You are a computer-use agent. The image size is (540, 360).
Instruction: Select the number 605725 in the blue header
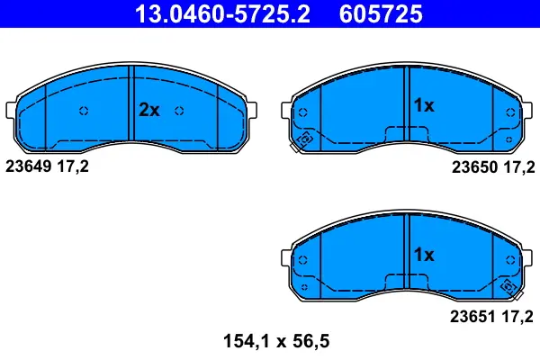(381, 14)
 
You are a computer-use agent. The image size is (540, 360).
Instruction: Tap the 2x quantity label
(148, 111)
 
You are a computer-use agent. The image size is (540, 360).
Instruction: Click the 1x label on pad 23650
(423, 105)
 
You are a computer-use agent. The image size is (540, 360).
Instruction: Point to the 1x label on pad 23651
(423, 255)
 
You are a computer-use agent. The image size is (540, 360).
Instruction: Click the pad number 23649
(29, 166)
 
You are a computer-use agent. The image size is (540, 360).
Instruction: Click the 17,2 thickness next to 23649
(74, 166)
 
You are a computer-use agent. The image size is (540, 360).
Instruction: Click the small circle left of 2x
(84, 111)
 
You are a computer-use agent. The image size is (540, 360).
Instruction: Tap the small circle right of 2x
(179, 111)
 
